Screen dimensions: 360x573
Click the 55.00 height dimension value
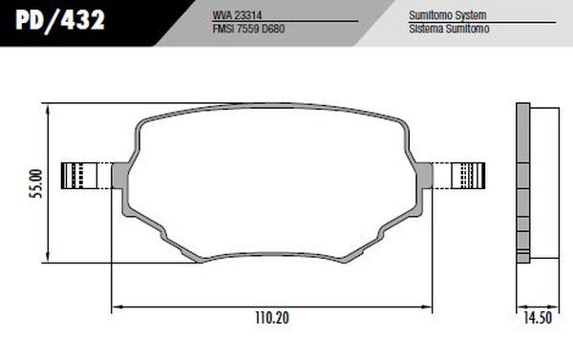pyautogui.click(x=36, y=182)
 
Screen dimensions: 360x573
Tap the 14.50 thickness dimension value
pyautogui.click(x=536, y=317)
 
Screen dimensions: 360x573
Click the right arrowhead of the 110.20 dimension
pyautogui.click(x=429, y=307)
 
